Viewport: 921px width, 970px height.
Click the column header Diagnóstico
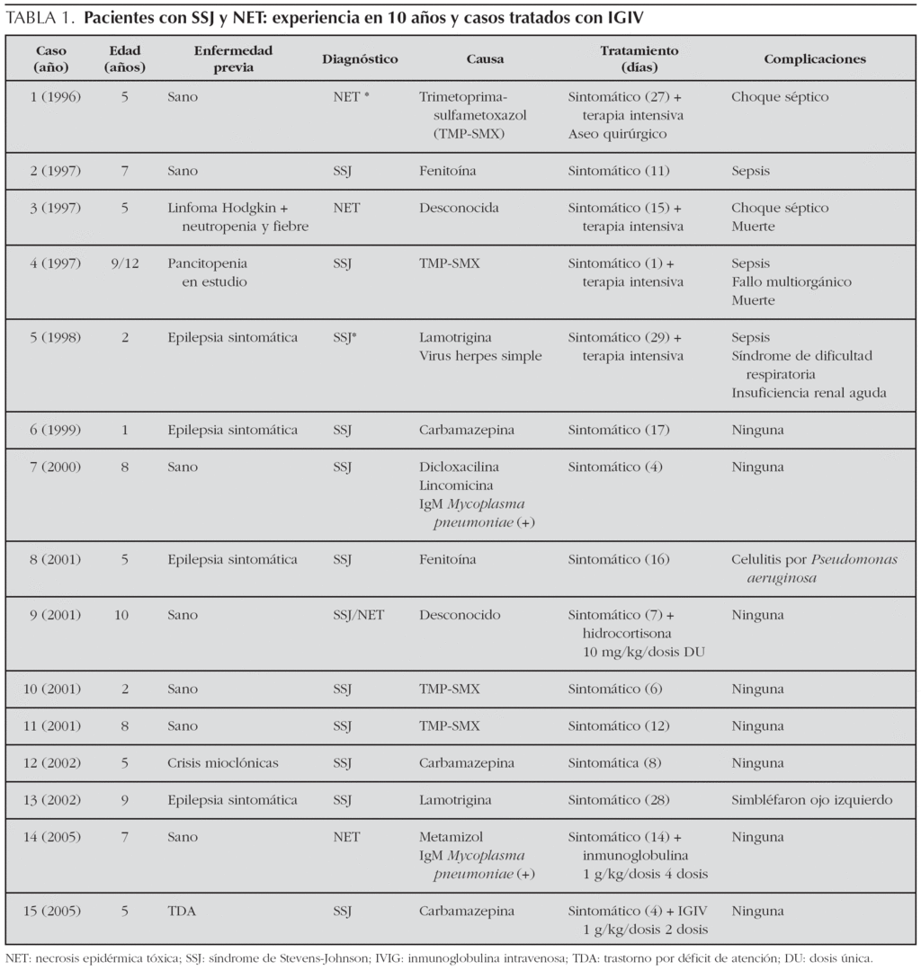[360, 59]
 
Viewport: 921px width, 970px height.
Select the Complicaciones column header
[815, 59]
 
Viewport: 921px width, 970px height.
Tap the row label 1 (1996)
[56, 97]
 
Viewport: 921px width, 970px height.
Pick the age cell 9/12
[124, 263]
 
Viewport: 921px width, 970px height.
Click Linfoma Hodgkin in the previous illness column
[221, 208]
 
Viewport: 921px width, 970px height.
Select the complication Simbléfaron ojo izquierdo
[811, 800]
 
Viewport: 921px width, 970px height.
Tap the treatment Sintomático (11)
[619, 171]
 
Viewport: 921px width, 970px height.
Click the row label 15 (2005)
[56, 911]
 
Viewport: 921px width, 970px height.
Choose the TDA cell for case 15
[181, 911]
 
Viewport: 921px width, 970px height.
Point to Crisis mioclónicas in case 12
[223, 763]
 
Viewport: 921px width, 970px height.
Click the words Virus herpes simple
[480, 356]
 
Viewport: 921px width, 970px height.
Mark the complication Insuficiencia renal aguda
[809, 393]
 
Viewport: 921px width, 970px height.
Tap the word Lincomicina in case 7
[455, 485]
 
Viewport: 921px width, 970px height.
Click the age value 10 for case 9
[124, 616]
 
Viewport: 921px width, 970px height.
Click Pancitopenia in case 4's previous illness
[207, 263]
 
